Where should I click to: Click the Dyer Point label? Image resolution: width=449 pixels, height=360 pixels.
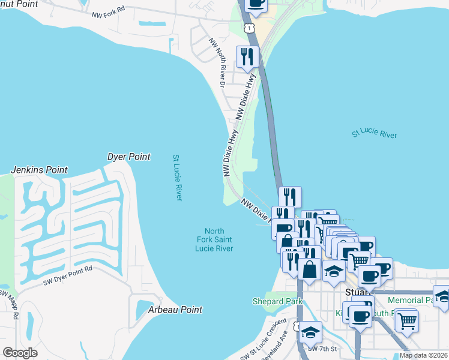128,157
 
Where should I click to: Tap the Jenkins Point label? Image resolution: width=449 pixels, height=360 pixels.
39,170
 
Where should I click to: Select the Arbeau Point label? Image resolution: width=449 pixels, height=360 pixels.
175,310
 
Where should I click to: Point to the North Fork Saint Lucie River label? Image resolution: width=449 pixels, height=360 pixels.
214,239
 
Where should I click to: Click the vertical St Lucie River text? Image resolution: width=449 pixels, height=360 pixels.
177,178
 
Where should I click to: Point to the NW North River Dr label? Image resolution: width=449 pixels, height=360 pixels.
217,63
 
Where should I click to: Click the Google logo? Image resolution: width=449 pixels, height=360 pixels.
20,353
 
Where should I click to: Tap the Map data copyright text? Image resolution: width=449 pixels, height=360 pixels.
423,355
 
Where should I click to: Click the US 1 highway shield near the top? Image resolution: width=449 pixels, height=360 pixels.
249,28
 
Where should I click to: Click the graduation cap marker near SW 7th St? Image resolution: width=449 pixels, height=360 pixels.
310,332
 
